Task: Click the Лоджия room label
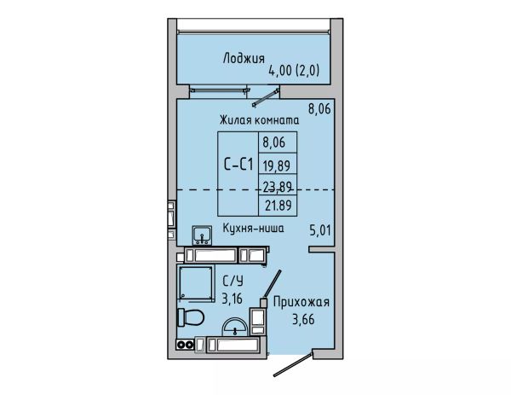click(244, 59)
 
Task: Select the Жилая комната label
click(259, 119)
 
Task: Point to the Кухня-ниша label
click(253, 228)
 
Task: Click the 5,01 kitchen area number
click(320, 231)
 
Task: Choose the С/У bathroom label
click(233, 281)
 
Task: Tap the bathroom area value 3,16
click(232, 299)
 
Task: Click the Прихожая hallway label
click(301, 302)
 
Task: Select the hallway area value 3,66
click(303, 319)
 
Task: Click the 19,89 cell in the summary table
click(277, 166)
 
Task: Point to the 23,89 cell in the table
click(278, 186)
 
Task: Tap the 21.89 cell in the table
click(278, 206)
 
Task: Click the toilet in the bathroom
click(191, 317)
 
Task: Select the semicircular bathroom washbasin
click(234, 327)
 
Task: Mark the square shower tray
click(196, 282)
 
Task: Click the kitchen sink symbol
click(202, 235)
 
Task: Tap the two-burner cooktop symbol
click(185, 344)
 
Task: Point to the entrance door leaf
click(293, 364)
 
